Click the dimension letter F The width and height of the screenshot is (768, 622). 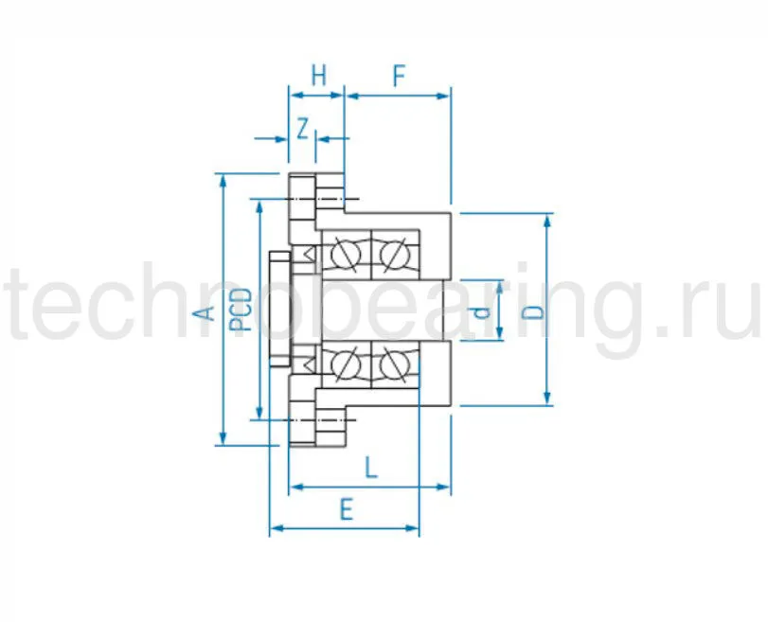tap(399, 76)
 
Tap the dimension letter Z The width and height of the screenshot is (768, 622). tap(302, 128)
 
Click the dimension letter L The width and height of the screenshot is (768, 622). tap(371, 467)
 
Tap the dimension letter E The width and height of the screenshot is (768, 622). tap(346, 510)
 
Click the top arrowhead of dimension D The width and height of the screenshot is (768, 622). tap(546, 221)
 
